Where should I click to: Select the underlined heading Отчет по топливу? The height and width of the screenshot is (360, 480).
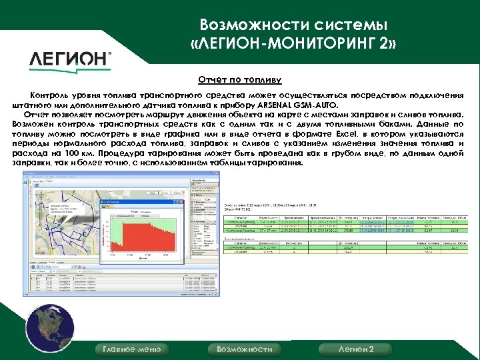(241, 80)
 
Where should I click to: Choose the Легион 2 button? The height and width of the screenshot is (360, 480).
(356, 349)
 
